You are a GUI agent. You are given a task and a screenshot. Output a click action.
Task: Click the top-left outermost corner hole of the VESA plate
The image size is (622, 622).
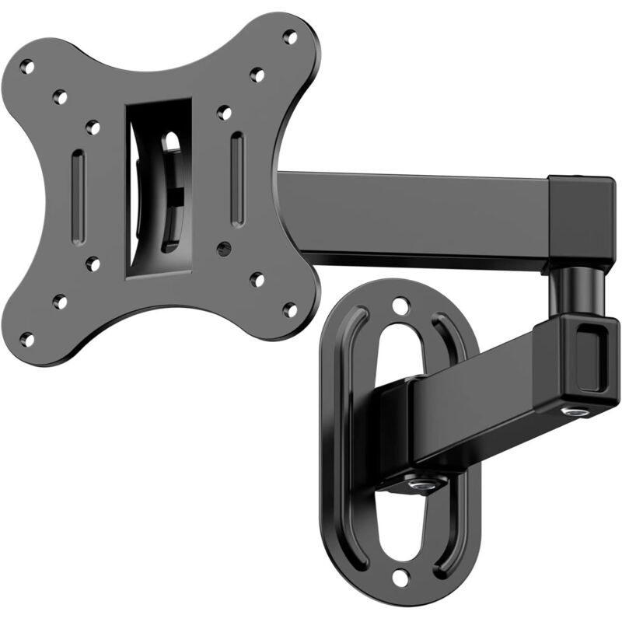[x=27, y=68]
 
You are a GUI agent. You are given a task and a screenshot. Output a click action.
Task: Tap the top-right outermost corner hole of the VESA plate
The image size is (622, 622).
[x=289, y=36]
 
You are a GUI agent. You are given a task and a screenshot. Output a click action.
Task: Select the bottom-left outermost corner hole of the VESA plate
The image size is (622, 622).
[x=27, y=339]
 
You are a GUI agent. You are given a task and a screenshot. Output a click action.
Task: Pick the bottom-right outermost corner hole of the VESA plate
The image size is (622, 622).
[x=289, y=309]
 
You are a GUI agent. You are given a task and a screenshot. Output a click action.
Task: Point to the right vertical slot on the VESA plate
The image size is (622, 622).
[x=237, y=179]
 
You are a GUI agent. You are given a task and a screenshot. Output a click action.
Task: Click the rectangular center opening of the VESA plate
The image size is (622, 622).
[x=159, y=187]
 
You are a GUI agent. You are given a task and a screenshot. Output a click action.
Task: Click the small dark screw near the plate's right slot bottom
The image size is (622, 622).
[x=225, y=250]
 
